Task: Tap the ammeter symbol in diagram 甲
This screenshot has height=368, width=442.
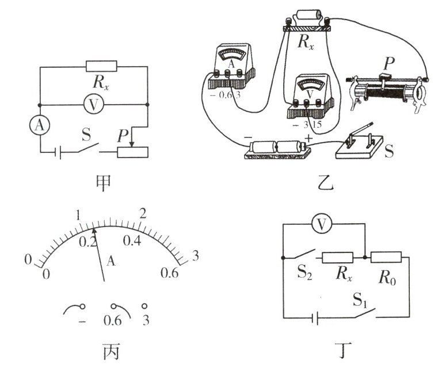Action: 39,128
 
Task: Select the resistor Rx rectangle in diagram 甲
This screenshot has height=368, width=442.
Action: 101,67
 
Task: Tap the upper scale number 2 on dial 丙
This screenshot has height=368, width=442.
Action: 144,212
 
